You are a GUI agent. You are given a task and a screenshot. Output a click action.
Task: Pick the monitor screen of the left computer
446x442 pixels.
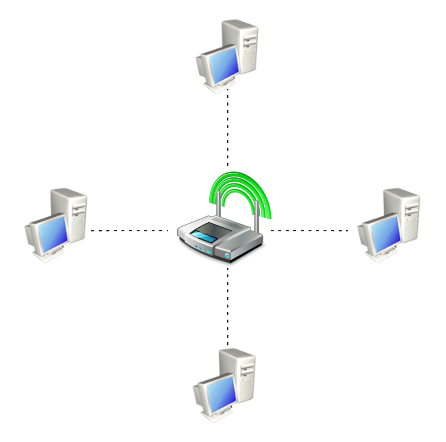[53, 232]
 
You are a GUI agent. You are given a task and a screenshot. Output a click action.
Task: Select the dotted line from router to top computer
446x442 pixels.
[228, 127]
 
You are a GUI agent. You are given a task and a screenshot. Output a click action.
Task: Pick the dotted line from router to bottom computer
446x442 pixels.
[228, 306]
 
